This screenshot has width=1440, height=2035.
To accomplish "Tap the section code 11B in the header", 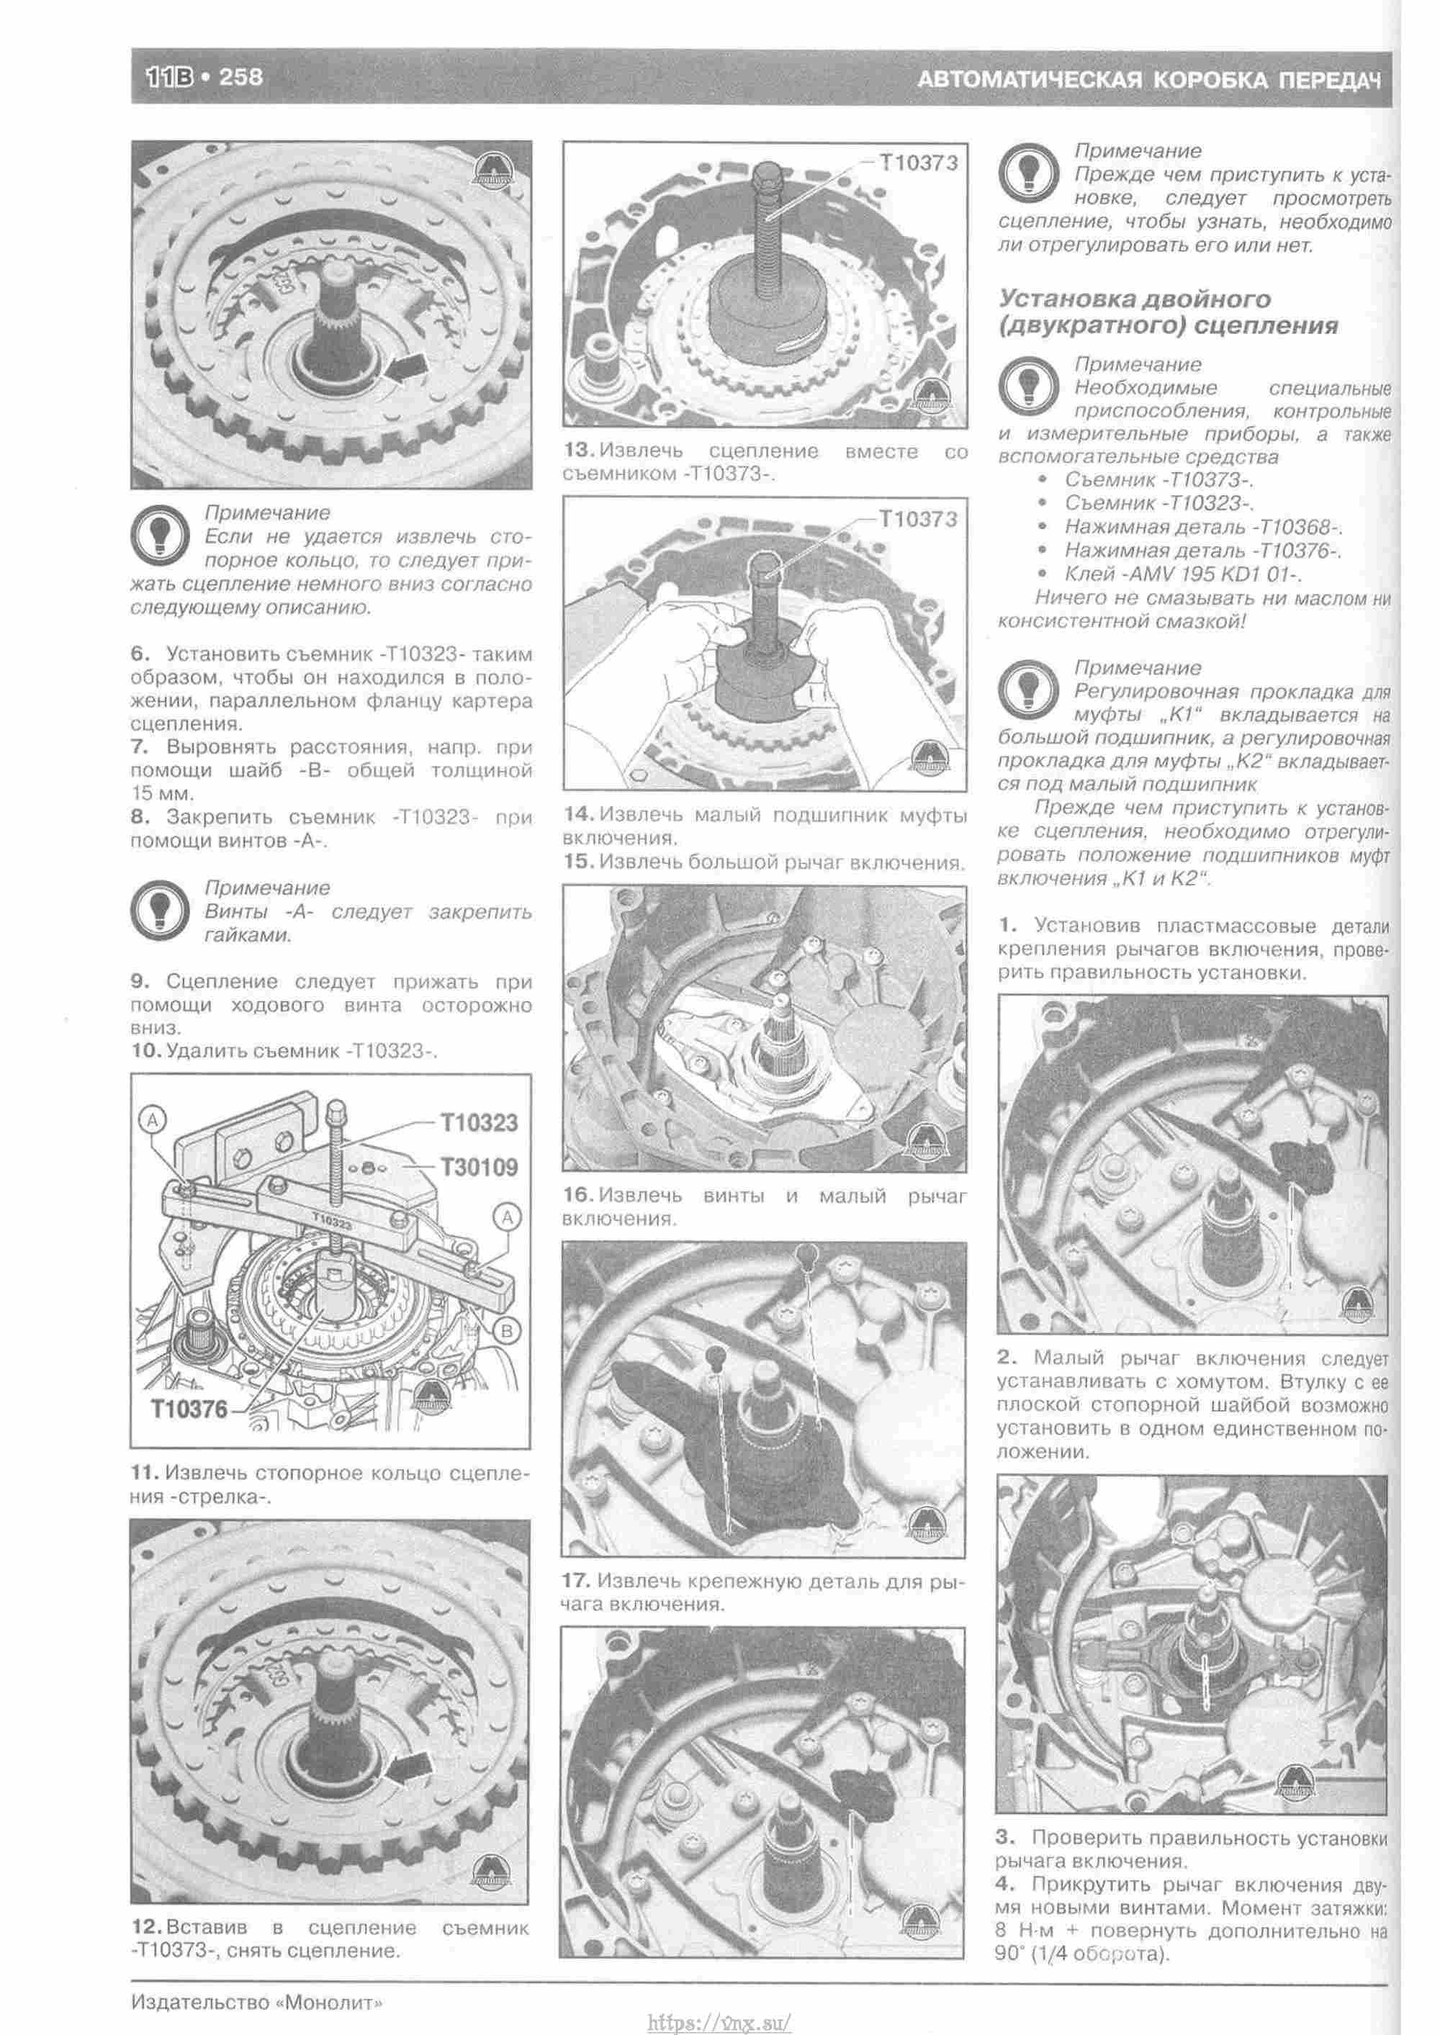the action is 168,77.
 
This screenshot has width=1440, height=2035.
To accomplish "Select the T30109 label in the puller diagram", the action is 479,1166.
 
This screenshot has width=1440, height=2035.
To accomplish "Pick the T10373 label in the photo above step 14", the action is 918,520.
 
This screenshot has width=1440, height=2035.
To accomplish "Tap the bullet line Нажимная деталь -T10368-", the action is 1202,528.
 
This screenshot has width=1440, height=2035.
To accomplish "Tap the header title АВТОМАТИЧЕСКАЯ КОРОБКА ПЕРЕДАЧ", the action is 1148,81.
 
